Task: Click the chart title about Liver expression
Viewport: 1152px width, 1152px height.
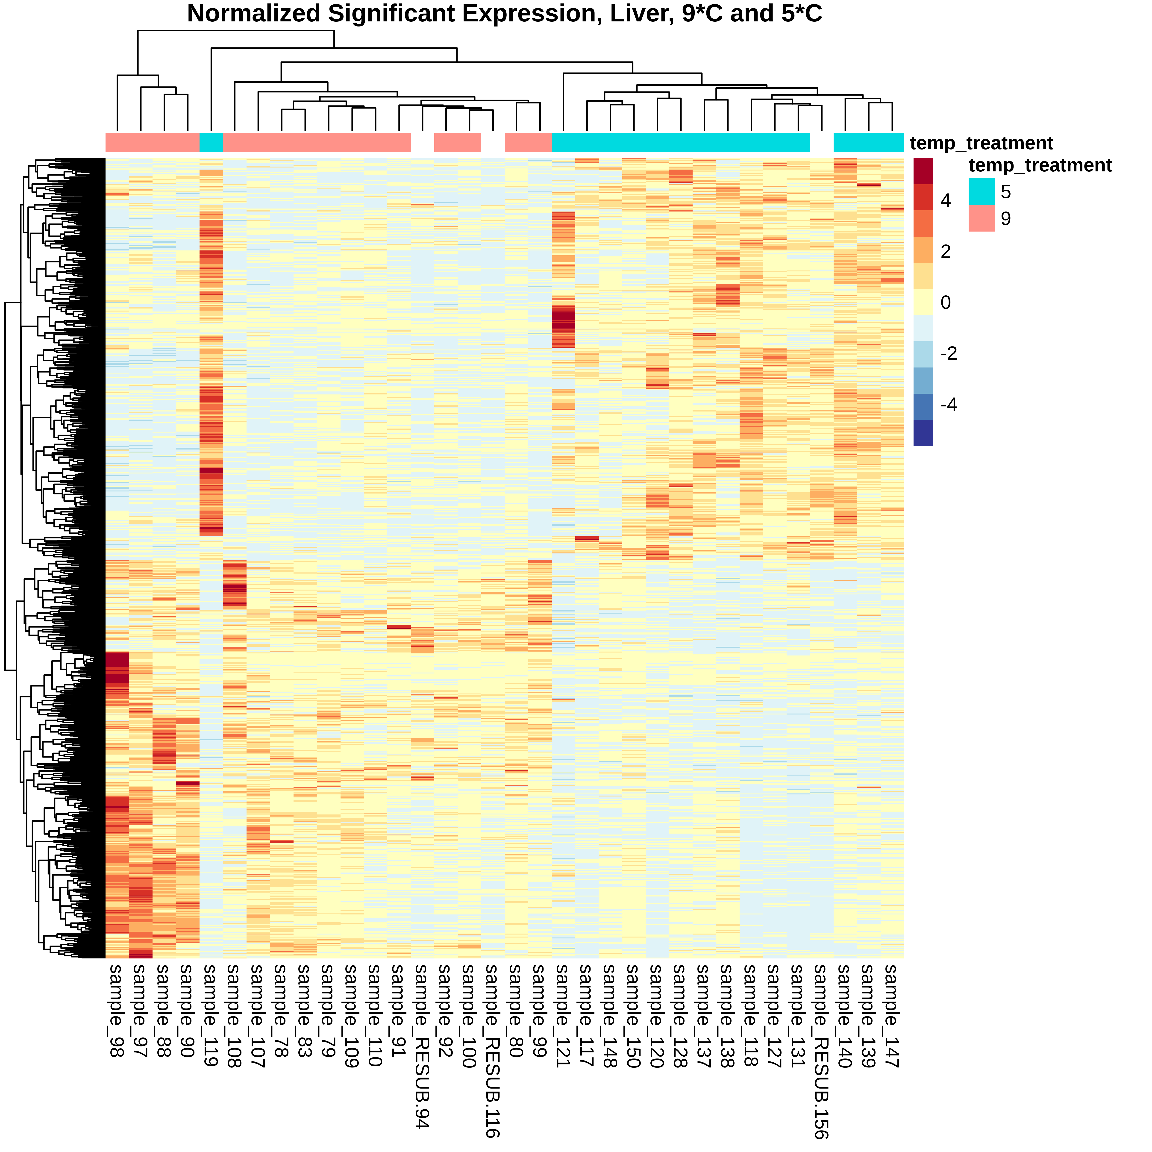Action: [x=504, y=14]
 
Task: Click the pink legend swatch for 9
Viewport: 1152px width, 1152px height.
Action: [x=982, y=218]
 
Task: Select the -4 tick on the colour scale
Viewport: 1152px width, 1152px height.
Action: [x=948, y=404]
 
